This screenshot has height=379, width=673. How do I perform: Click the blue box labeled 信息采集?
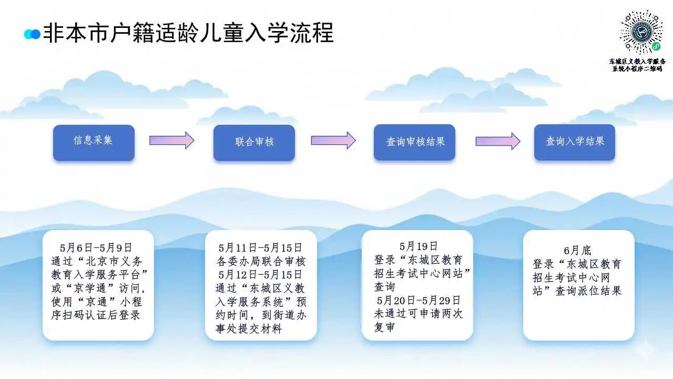(x=94, y=143)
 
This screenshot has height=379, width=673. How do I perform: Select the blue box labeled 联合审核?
(x=254, y=143)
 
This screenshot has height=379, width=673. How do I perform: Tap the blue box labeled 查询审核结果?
(x=415, y=142)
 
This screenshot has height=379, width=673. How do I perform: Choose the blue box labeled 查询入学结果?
(x=575, y=142)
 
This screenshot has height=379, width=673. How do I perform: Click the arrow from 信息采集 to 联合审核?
(x=172, y=140)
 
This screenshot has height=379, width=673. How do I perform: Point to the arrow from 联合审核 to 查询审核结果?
(x=333, y=140)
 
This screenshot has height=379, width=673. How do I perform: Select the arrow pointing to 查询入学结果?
(x=498, y=141)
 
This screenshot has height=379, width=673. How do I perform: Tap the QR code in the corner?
(x=641, y=32)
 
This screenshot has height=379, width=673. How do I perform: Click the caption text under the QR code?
(x=638, y=65)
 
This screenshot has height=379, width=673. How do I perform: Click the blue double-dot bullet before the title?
(x=32, y=34)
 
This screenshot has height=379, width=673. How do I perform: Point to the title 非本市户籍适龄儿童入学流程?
(x=189, y=33)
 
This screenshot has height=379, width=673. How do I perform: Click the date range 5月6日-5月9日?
(x=96, y=248)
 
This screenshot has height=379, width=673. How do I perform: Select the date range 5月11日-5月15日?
(x=260, y=248)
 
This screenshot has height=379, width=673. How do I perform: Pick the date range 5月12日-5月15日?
(x=260, y=275)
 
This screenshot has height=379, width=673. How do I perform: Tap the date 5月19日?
(x=418, y=246)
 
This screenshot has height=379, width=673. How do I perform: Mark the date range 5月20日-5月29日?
(x=419, y=300)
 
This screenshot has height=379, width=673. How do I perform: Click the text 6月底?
(x=577, y=250)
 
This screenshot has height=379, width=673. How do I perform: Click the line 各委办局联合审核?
(x=261, y=262)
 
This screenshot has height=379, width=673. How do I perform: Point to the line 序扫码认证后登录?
(x=96, y=315)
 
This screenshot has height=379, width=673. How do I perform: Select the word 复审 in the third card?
(x=384, y=327)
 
